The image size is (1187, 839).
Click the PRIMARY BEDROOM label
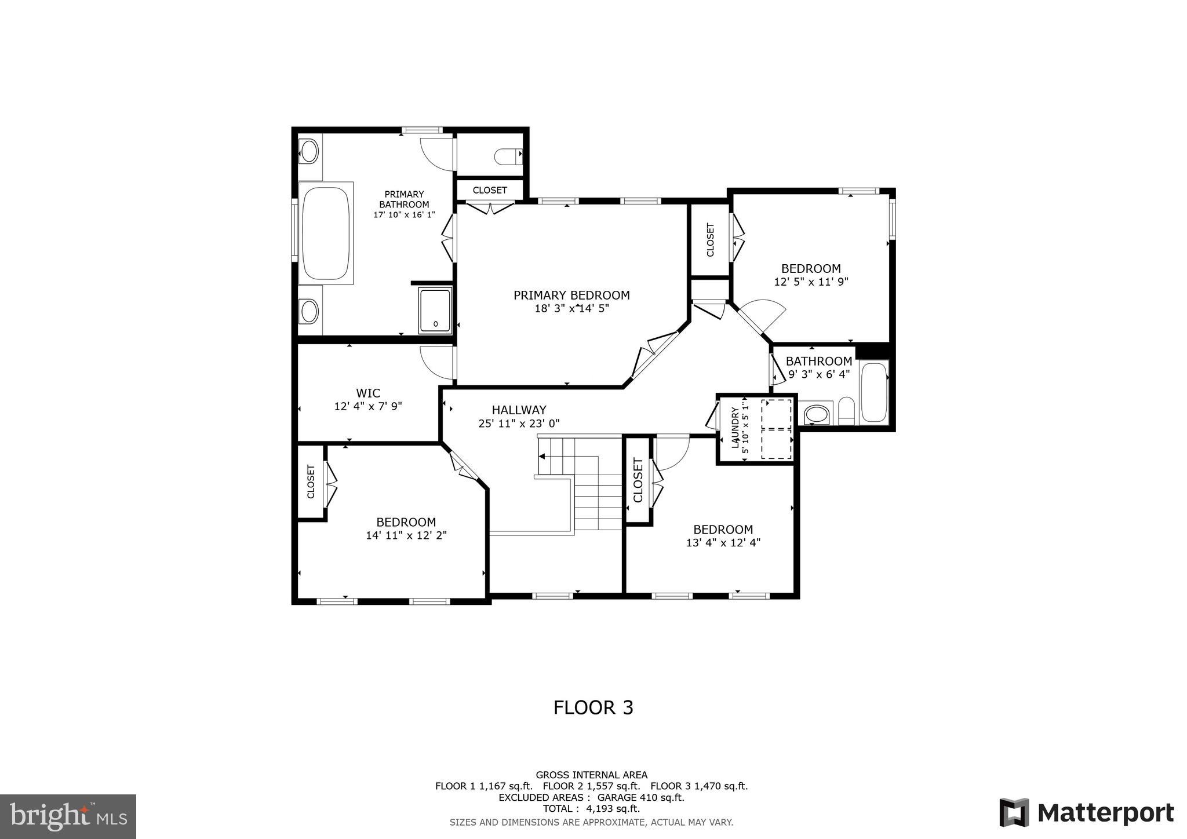571,296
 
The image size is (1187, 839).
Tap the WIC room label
368,393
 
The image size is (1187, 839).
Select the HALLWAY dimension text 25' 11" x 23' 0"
519,424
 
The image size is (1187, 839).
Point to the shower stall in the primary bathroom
435,311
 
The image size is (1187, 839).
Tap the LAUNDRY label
735,428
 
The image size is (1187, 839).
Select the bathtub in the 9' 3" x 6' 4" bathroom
874,392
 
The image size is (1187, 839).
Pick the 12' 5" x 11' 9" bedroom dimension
811,282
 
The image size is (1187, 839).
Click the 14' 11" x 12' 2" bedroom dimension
406,536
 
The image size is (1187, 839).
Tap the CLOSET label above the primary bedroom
490,190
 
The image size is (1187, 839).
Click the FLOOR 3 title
593,708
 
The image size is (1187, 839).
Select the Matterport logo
1086,813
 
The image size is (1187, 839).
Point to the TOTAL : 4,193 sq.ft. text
591,809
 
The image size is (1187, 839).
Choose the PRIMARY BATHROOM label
404,199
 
